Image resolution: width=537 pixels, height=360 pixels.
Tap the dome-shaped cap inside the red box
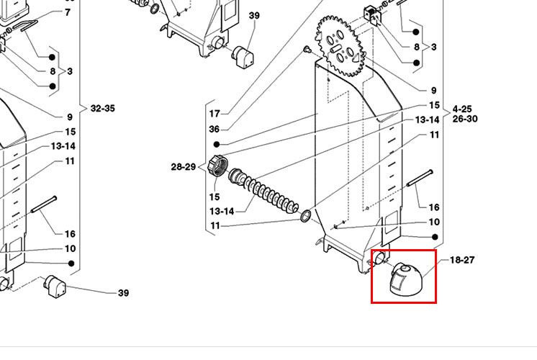[x=402, y=279]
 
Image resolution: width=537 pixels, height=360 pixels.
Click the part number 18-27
[x=462, y=260]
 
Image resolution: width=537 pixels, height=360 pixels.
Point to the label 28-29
[x=183, y=167]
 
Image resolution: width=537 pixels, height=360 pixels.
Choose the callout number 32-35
[x=102, y=109]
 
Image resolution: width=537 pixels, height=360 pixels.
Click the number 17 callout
[x=215, y=113]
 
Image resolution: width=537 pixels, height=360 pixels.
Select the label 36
[x=215, y=129]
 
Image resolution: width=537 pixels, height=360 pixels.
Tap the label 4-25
[x=464, y=109]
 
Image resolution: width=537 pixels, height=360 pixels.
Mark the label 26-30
[x=464, y=119]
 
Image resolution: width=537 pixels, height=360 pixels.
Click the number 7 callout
[x=68, y=12]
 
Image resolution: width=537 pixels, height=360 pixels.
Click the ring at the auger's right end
[x=306, y=215]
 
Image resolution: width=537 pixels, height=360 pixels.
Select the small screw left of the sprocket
[x=307, y=49]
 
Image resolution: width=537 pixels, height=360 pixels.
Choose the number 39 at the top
[x=254, y=15]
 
